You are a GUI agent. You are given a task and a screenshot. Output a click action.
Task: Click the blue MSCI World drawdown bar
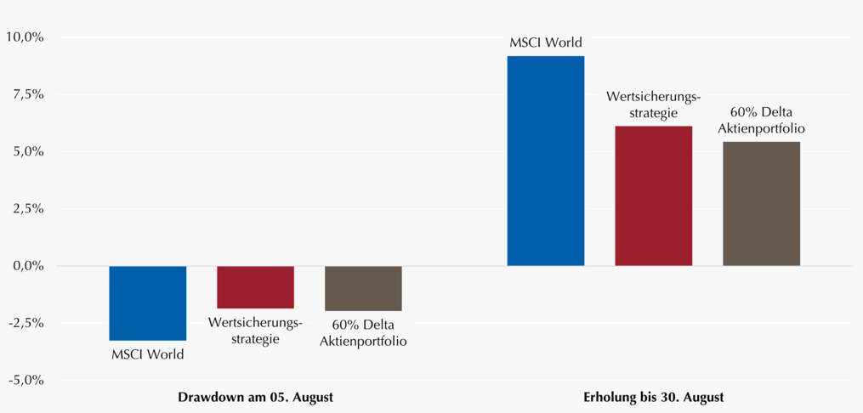tap(147, 303)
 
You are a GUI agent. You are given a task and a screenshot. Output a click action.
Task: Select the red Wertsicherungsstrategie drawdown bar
tap(255, 287)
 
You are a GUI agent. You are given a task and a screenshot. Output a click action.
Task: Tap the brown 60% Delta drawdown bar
tap(363, 288)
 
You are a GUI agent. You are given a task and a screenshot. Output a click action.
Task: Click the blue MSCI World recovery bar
tap(545, 161)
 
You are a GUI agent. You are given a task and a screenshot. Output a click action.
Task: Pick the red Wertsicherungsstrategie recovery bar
tap(653, 195)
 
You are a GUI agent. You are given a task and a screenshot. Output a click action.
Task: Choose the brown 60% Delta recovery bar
tap(761, 203)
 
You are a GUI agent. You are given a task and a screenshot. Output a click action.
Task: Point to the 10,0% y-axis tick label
tap(24, 37)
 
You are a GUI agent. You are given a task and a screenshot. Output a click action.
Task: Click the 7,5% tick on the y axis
tap(27, 94)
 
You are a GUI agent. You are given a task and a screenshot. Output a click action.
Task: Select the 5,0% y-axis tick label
tap(27, 152)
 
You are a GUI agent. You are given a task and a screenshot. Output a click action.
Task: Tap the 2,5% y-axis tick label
tap(27, 209)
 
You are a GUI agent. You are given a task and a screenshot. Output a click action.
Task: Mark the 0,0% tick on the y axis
tap(27, 266)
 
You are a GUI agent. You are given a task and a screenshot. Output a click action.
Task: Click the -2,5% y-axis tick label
tap(26, 324)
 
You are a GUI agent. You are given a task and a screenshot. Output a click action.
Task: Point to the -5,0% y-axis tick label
tap(26, 381)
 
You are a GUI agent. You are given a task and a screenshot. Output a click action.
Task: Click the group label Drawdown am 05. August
tap(255, 397)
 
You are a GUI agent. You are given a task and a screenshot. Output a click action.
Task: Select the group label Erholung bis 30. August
tap(653, 397)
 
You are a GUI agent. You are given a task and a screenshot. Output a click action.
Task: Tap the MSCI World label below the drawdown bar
tap(147, 354)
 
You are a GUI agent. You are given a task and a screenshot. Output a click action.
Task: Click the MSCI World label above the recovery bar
tap(545, 42)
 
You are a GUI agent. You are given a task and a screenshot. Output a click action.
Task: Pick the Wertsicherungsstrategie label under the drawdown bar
tap(255, 330)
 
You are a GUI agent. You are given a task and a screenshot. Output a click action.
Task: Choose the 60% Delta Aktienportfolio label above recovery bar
tap(761, 121)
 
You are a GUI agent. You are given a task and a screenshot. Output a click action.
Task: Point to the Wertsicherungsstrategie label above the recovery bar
tap(653, 105)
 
